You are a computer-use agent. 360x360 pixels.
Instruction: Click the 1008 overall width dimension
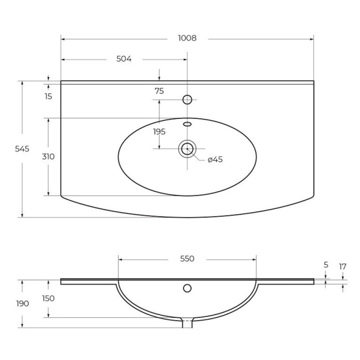coord(187,38)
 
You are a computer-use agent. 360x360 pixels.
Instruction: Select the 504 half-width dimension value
coord(124,59)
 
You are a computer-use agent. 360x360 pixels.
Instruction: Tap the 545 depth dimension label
coord(22,149)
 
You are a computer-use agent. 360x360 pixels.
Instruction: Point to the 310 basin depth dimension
coord(48,157)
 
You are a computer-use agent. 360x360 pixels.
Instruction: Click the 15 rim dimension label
coord(48,96)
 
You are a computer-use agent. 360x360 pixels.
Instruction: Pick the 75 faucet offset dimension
coord(159,91)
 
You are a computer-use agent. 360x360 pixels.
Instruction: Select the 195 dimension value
coord(159,132)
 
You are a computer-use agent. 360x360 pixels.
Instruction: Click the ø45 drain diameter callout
coord(215,159)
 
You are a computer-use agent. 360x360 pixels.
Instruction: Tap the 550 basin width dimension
coord(187,259)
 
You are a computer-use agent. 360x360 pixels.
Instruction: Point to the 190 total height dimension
coord(22,303)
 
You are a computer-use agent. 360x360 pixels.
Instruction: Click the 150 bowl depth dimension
coord(48,298)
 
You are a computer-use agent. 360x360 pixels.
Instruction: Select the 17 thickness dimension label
coord(342,267)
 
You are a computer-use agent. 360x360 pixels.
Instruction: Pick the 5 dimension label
coord(326,265)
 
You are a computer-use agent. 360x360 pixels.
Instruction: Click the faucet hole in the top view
coord(187,99)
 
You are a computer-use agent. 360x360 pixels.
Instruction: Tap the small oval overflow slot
coord(187,124)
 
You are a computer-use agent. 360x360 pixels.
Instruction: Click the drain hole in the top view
coord(187,149)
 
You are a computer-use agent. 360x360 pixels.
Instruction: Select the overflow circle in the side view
coord(187,288)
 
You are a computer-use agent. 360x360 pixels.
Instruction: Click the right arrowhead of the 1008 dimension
coord(311,39)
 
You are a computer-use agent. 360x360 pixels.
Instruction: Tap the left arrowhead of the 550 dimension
coord(120,260)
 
